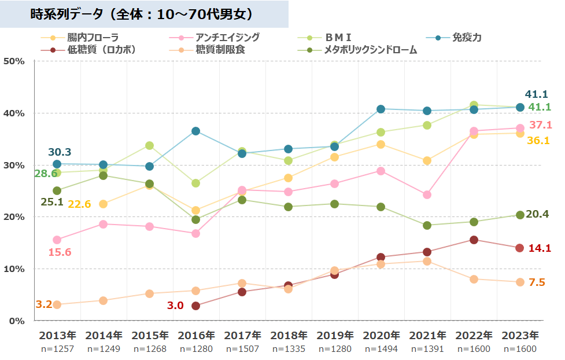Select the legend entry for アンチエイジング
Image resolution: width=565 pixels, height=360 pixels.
click(227, 38)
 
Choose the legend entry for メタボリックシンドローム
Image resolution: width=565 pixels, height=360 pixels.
click(370, 50)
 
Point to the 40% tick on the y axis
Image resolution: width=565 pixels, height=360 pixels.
click(14, 113)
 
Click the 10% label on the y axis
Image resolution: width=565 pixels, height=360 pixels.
click(14, 269)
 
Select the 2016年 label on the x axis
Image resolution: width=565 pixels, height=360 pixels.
click(196, 335)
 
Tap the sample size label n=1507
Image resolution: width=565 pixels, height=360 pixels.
click(242, 348)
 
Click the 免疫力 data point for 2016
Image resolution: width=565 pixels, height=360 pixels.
click(195, 131)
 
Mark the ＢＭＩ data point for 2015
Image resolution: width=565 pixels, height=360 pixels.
click(149, 145)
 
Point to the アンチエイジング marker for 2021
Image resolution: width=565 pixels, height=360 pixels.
click(427, 194)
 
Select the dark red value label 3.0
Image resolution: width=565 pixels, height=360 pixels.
click(175, 306)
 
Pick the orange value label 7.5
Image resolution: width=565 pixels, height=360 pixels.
click(537, 282)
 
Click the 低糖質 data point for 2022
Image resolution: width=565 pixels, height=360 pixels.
click(474, 240)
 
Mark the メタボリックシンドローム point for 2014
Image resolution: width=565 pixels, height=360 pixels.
click(103, 175)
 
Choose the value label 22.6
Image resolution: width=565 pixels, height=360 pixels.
click(79, 204)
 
